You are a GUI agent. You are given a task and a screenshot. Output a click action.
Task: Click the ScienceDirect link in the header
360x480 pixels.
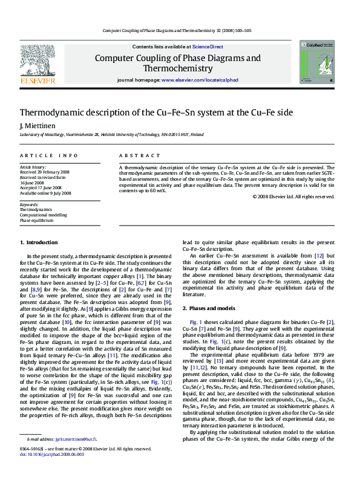208,47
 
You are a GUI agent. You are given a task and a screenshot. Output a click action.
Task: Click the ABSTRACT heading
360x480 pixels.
136,155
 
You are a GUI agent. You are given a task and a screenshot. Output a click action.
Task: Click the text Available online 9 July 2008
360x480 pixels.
45,193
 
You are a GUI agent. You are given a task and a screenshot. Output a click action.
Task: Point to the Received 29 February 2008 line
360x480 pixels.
45,172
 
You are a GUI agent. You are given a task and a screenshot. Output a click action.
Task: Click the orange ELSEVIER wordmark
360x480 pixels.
38,80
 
